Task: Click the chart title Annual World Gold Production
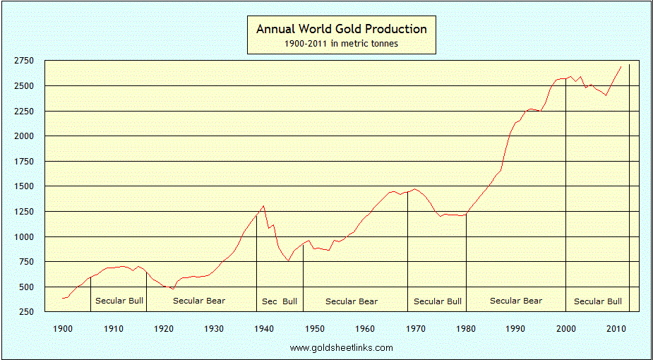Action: (x=341, y=29)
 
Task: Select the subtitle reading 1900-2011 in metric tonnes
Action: (x=341, y=44)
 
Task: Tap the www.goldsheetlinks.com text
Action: (x=341, y=347)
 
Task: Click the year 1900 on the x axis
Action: (x=63, y=328)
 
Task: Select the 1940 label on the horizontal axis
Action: (x=264, y=328)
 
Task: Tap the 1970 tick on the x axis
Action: (x=415, y=328)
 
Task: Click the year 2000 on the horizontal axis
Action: (x=566, y=328)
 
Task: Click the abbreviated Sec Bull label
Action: (x=280, y=301)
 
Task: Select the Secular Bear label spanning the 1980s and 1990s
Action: (x=516, y=301)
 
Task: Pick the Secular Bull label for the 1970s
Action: (x=438, y=301)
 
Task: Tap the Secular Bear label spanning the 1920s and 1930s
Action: (x=199, y=301)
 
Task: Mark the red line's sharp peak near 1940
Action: (x=263, y=206)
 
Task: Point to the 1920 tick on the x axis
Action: (x=164, y=328)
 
